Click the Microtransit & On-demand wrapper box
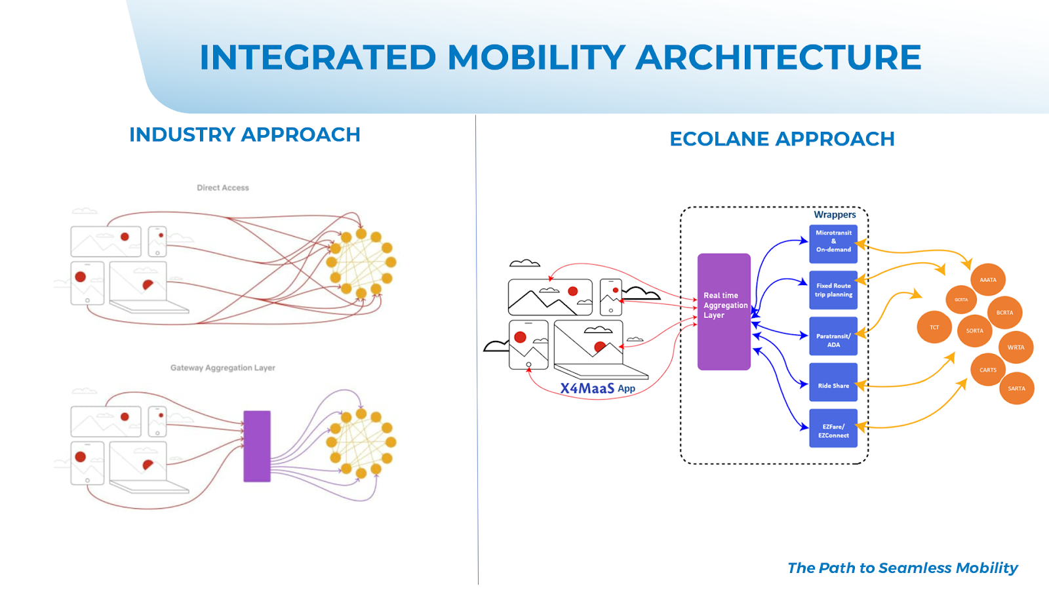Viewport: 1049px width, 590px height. coord(833,241)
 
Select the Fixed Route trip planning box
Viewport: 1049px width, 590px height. coord(833,290)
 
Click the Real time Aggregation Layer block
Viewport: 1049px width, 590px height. coord(724,311)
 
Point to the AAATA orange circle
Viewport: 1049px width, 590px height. coord(988,280)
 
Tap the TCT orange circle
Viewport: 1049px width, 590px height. coord(934,327)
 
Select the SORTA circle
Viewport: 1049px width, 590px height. coord(974,331)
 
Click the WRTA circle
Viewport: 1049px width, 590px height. coord(1016,347)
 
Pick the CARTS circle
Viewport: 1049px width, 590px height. coord(988,370)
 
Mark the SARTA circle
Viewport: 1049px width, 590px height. coord(1016,388)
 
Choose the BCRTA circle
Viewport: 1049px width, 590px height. coord(1004,313)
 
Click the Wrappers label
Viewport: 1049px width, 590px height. coord(835,214)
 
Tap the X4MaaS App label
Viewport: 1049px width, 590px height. coord(597,388)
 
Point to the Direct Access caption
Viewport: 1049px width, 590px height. coord(223,187)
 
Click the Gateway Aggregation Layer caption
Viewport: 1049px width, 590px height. coord(223,368)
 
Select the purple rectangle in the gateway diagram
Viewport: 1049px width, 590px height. coord(257,446)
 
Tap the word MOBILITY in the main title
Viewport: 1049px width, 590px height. coord(536,57)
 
